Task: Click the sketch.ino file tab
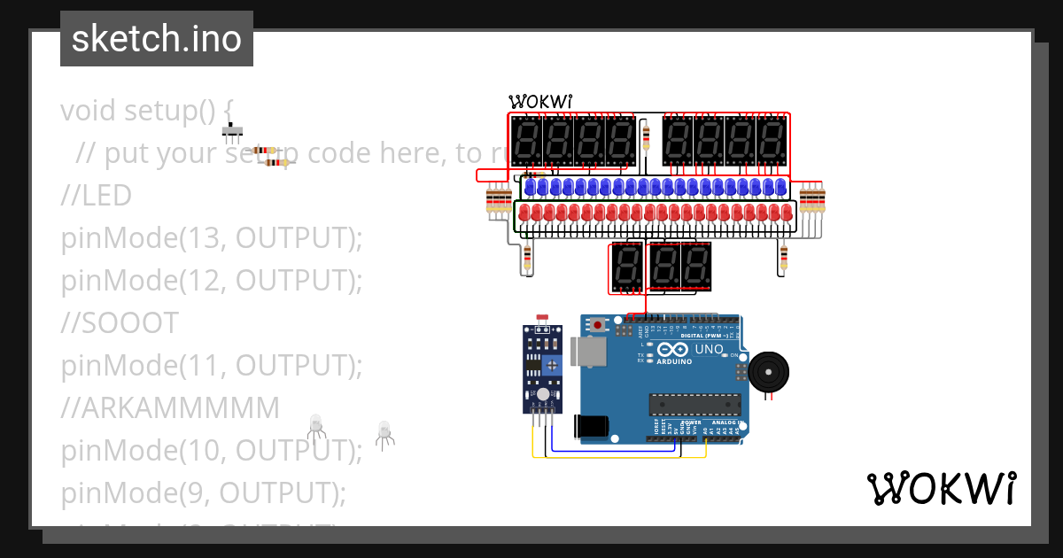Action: click(x=157, y=39)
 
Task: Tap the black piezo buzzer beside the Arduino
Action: click(x=768, y=372)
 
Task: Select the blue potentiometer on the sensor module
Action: click(x=553, y=364)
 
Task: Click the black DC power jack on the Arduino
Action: click(x=591, y=427)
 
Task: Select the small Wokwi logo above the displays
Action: click(x=539, y=102)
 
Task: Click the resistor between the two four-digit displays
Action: click(x=645, y=137)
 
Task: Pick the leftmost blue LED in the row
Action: click(x=530, y=187)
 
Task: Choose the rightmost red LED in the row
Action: click(x=787, y=213)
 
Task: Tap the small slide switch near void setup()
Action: click(x=232, y=132)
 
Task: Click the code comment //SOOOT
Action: click(x=120, y=323)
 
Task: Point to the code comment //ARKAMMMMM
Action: click(x=170, y=407)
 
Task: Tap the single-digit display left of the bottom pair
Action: click(x=626, y=266)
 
